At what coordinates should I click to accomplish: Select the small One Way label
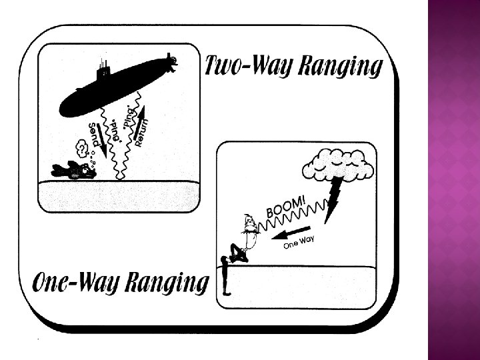(x=298, y=243)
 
